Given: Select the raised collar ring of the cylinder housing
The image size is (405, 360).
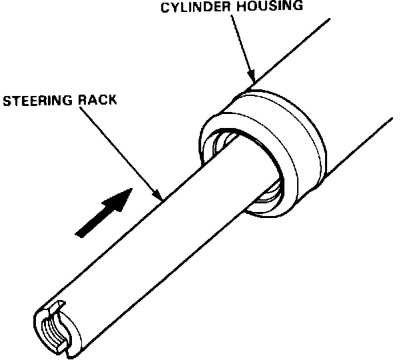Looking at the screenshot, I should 300,153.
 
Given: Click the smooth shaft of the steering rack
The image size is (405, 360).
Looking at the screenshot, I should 167,240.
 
